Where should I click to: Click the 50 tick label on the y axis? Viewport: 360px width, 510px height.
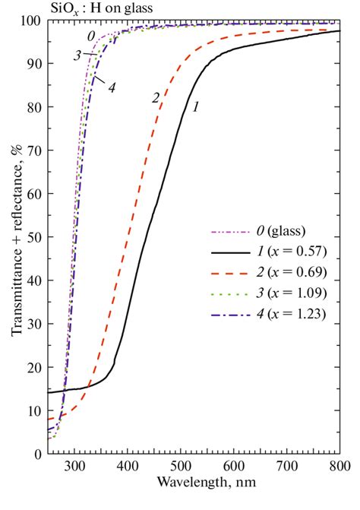(35, 238)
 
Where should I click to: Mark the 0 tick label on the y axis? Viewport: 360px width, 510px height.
(38, 455)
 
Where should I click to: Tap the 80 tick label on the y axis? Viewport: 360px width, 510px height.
(35, 108)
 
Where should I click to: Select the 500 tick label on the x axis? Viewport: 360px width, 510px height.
(181, 465)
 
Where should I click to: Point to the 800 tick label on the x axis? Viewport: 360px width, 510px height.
(339, 465)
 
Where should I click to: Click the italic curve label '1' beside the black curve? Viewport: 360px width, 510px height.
(196, 107)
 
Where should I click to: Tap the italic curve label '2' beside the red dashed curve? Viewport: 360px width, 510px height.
(156, 97)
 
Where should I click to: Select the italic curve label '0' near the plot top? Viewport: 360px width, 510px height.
(90, 36)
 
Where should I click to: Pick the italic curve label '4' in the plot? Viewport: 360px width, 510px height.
(111, 87)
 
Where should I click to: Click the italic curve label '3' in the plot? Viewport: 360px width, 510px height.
(77, 55)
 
